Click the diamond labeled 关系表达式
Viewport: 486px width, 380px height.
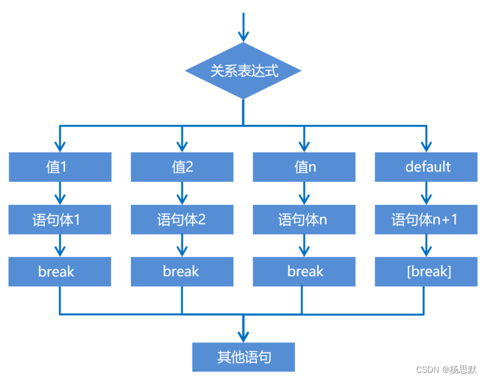pyautogui.click(x=243, y=72)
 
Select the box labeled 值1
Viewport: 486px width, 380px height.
pyautogui.click(x=60, y=167)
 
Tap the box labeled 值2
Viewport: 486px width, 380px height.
pyautogui.click(x=182, y=167)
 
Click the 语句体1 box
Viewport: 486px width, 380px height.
pyautogui.click(x=60, y=219)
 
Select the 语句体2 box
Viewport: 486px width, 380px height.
pyautogui.click(x=182, y=219)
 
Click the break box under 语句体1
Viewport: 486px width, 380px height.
pyautogui.click(x=60, y=272)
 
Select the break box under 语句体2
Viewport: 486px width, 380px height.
pyautogui.click(x=182, y=272)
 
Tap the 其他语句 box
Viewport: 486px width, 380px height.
pyautogui.click(x=243, y=357)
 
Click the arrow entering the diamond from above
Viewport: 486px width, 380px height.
pyautogui.click(x=243, y=28)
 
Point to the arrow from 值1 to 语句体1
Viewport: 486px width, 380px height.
pyautogui.click(x=60, y=193)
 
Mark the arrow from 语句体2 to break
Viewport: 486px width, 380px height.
pyautogui.click(x=182, y=245)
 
